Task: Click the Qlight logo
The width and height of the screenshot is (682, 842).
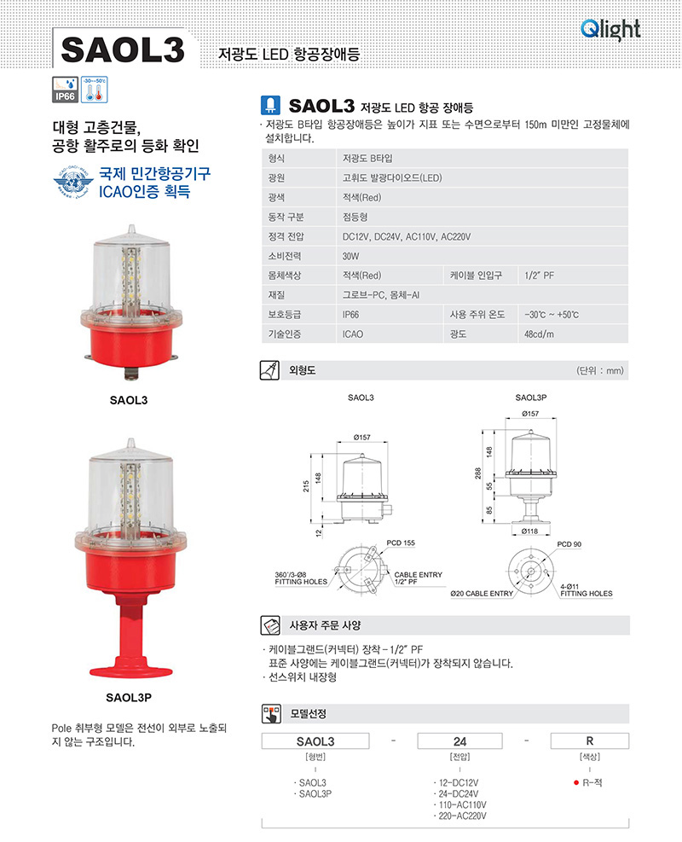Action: click(x=610, y=30)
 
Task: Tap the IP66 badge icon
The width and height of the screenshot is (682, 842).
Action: click(x=65, y=90)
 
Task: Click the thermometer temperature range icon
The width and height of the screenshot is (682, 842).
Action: click(x=95, y=90)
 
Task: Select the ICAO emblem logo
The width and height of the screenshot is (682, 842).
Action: click(x=73, y=183)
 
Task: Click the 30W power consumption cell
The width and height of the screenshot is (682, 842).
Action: click(x=351, y=256)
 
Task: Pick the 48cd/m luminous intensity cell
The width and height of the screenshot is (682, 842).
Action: click(x=539, y=334)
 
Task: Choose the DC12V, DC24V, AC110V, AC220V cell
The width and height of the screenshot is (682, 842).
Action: click(x=406, y=237)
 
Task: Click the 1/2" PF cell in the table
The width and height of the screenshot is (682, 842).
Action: click(x=540, y=276)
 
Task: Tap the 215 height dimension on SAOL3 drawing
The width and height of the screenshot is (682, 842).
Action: click(x=306, y=486)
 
